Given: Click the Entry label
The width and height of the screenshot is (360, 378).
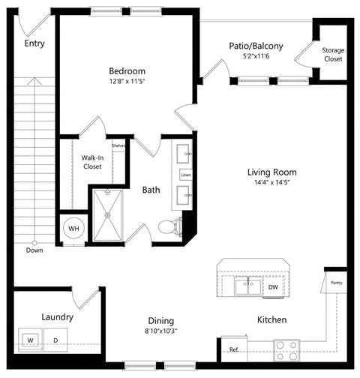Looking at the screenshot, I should (34, 43).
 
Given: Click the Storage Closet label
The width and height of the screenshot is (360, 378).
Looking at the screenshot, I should (333, 55).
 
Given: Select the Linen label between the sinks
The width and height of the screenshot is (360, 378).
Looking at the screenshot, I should (185, 175).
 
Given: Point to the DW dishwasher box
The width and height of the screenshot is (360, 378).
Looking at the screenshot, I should (274, 286).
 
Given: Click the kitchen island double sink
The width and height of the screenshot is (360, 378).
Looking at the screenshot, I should (244, 286).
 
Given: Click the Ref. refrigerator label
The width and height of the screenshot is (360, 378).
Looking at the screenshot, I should (234, 349).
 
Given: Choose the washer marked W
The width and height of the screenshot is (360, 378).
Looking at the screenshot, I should (31, 339).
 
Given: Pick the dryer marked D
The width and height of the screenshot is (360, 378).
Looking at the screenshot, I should (55, 339).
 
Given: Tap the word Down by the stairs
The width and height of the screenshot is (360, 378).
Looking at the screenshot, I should (34, 250).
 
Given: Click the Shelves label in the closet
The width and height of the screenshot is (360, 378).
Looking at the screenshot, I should (118, 146).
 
